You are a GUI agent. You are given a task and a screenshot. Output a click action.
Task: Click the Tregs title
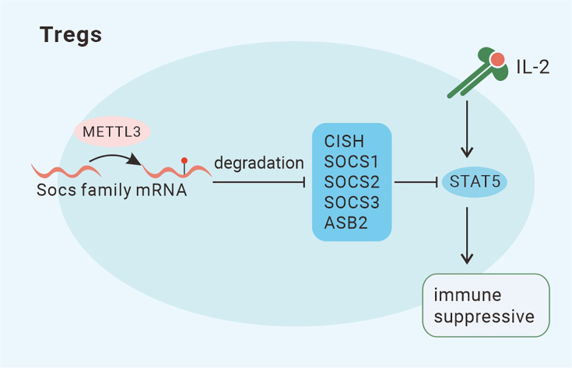click(x=71, y=36)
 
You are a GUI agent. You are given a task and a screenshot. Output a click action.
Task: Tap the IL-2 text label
click(x=533, y=67)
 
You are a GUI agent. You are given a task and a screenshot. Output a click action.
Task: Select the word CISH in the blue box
click(x=343, y=143)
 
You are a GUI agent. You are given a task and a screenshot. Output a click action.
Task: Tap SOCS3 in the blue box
click(x=351, y=204)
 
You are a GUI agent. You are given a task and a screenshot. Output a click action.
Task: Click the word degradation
click(x=258, y=164)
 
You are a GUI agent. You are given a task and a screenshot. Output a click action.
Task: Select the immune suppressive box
click(x=486, y=306)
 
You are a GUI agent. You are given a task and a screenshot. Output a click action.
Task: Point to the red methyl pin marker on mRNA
click(x=184, y=162)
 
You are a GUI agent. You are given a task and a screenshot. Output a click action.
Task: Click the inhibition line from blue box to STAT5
click(x=417, y=184)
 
